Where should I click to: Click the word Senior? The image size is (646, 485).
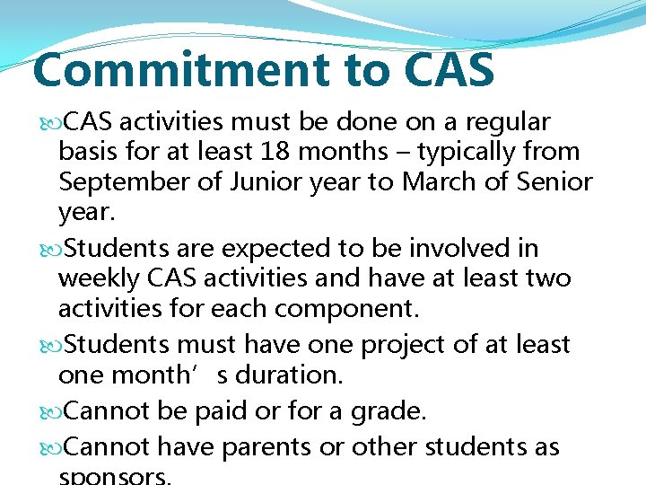(552, 182)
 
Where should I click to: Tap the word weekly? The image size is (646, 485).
(96, 278)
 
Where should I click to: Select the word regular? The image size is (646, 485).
(508, 121)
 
